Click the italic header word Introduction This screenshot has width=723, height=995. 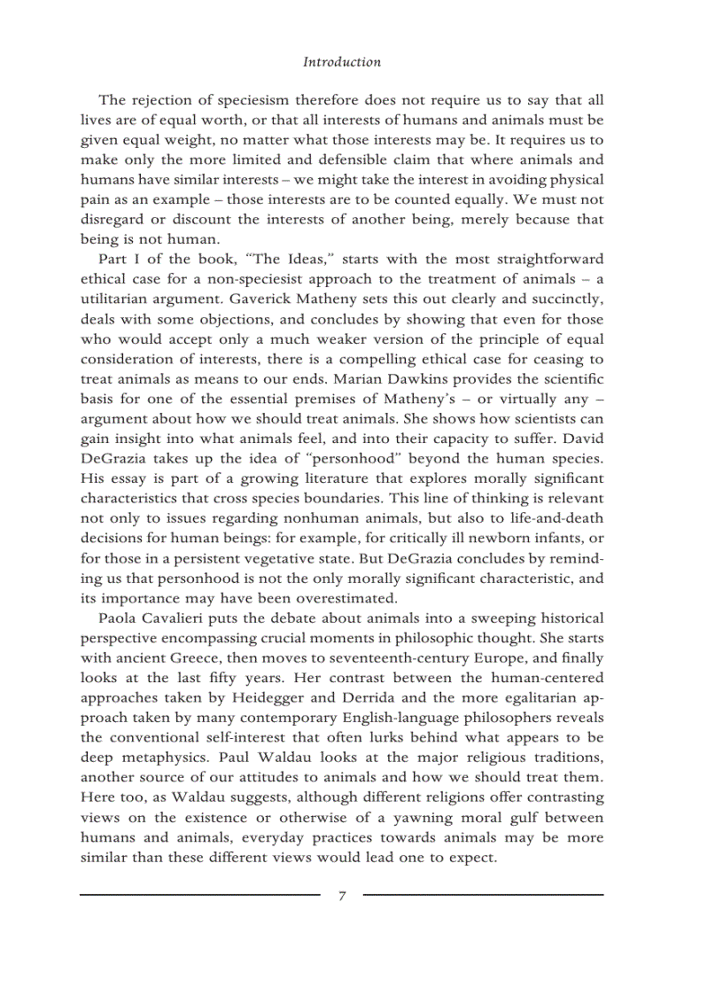pos(342,62)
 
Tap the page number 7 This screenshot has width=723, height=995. pos(342,896)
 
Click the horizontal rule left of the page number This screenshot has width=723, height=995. pos(199,895)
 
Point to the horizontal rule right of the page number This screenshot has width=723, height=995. pos(483,895)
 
